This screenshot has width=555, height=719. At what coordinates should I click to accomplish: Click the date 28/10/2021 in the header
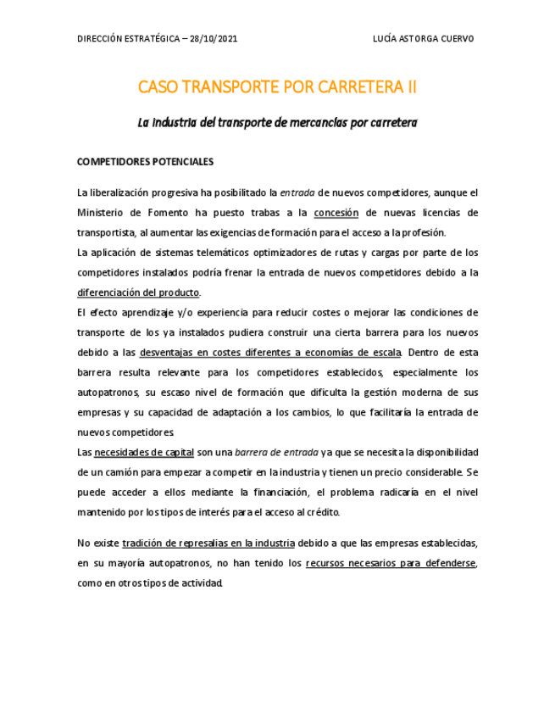(x=215, y=39)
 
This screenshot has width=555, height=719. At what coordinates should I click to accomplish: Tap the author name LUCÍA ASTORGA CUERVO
(x=424, y=39)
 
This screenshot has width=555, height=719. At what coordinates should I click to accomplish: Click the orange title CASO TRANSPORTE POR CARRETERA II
(x=277, y=87)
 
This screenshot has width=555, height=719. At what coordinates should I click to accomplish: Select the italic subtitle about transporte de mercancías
(x=277, y=123)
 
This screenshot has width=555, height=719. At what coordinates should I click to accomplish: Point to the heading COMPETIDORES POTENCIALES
(x=145, y=161)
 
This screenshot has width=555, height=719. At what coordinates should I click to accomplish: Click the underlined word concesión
(x=336, y=213)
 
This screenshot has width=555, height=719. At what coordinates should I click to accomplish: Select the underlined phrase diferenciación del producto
(x=138, y=293)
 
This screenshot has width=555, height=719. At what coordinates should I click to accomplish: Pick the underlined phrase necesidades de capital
(x=144, y=452)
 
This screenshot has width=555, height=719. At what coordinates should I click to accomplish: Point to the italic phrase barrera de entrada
(x=276, y=452)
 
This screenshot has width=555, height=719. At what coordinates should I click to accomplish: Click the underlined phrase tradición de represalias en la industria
(x=208, y=543)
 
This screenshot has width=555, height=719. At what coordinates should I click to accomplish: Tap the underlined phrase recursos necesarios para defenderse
(x=391, y=562)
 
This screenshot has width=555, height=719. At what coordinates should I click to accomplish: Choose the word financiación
(x=279, y=492)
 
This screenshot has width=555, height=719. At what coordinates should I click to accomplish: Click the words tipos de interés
(x=209, y=512)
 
